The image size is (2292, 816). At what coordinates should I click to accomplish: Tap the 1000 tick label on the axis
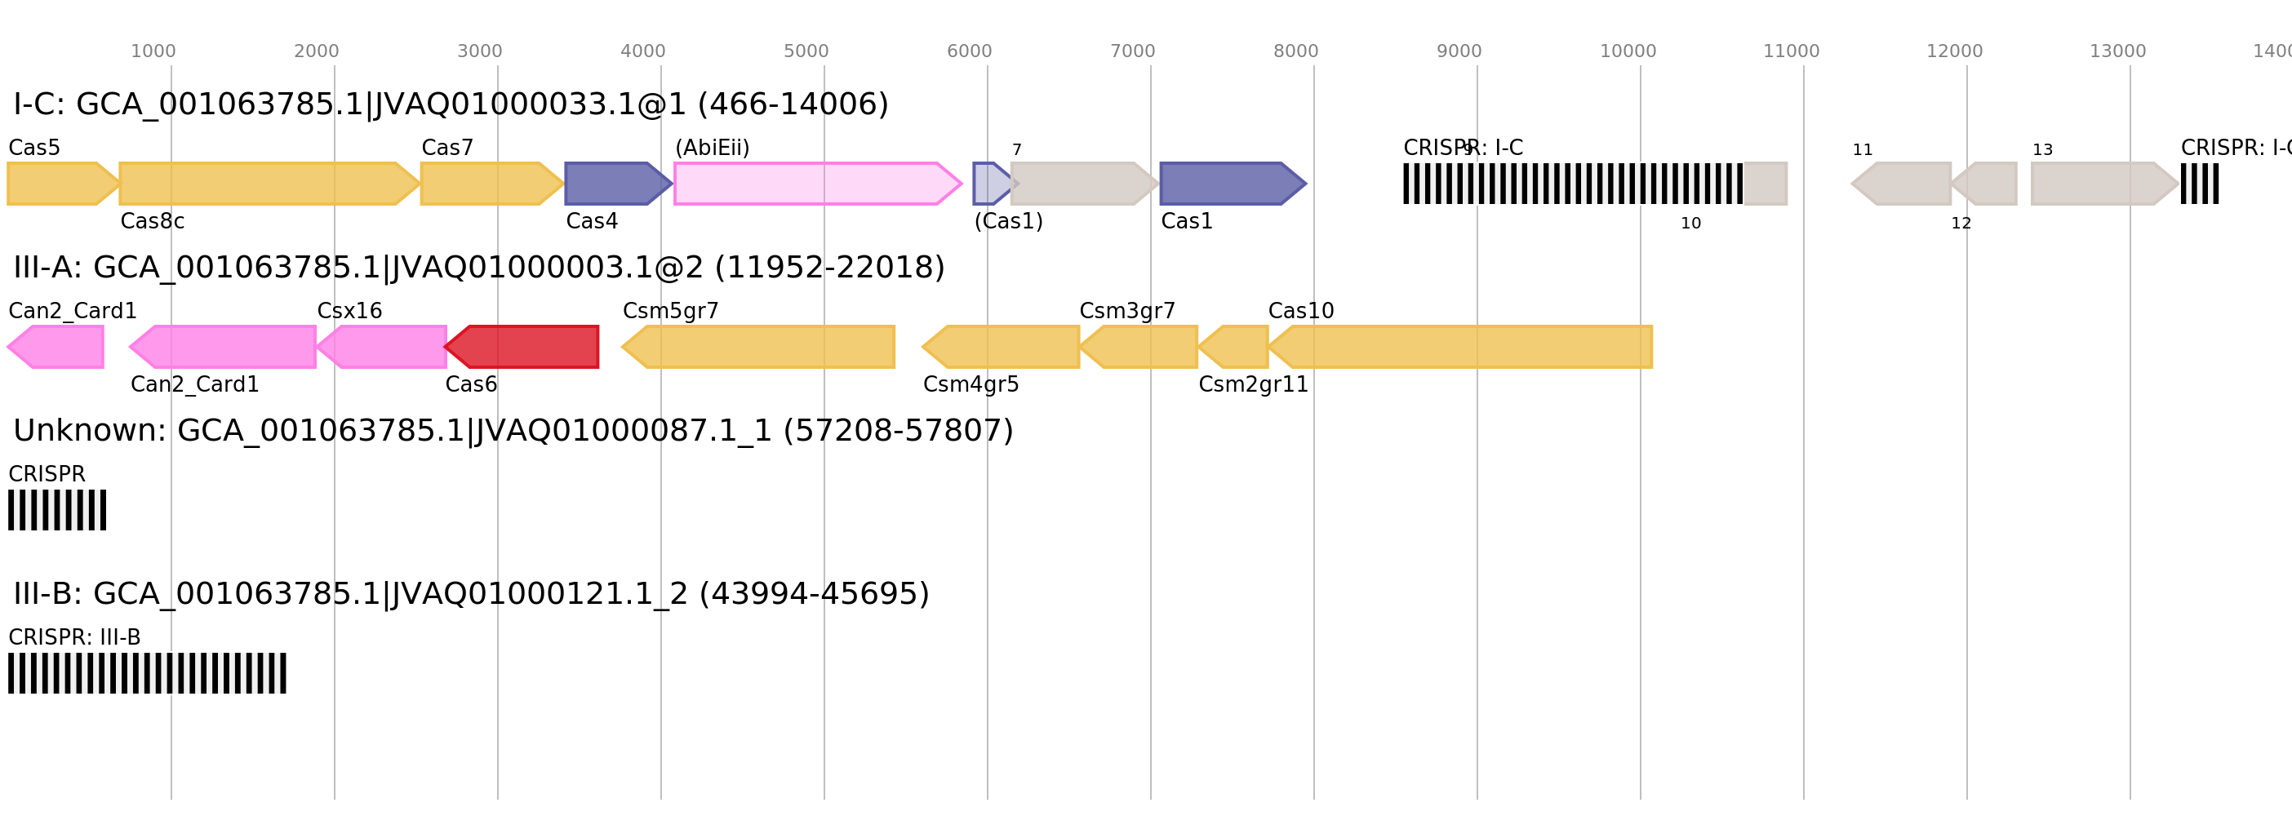pos(153,51)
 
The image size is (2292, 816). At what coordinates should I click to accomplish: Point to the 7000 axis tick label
pos(1132,51)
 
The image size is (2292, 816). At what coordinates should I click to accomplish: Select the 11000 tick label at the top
pos(1791,51)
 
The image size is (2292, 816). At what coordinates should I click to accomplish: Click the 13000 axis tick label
pos(2117,51)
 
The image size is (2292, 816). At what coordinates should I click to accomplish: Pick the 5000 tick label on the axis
pos(806,51)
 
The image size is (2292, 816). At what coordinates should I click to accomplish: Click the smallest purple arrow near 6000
pos(990,184)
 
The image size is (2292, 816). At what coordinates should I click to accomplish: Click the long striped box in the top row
pos(1572,184)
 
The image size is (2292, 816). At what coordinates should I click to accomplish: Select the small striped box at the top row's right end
pos(2200,184)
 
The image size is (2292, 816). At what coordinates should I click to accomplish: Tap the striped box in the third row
pos(57,510)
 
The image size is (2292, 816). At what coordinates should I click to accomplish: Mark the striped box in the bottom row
pos(147,672)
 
